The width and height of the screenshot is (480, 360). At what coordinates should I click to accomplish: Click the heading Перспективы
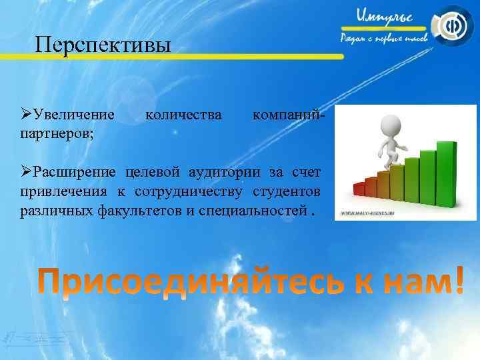pos(103,45)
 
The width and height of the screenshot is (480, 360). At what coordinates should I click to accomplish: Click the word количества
pos(183,117)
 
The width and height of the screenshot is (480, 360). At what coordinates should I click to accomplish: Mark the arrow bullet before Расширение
pos(25,174)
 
